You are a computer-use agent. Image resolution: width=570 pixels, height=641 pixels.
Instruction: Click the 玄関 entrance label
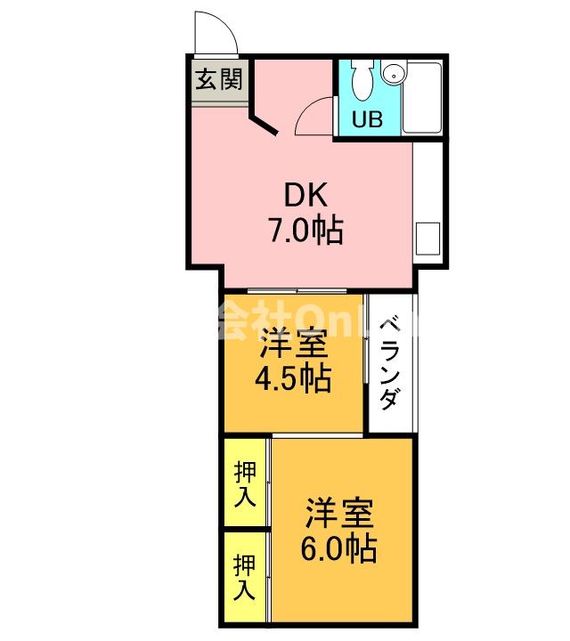click(217, 81)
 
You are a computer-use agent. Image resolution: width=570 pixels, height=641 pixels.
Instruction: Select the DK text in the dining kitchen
click(306, 195)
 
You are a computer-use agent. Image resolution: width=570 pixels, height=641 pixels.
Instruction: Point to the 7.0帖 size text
click(306, 232)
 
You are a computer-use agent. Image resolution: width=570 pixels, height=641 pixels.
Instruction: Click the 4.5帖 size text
click(293, 379)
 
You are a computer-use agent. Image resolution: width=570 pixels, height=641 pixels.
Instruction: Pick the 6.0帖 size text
click(338, 548)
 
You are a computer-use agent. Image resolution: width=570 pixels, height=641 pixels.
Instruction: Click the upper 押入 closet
click(245, 484)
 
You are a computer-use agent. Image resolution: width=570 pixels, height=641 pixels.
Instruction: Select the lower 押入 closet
click(245, 576)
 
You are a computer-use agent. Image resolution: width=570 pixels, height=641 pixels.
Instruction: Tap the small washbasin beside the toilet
click(393, 74)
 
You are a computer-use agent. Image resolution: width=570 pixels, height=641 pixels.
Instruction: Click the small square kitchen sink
click(427, 238)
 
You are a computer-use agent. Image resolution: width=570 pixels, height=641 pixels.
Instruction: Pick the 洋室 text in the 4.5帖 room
click(293, 343)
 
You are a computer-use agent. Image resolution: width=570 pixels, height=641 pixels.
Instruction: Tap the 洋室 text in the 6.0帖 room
click(338, 511)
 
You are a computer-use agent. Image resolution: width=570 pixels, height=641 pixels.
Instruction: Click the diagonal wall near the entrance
click(265, 122)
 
